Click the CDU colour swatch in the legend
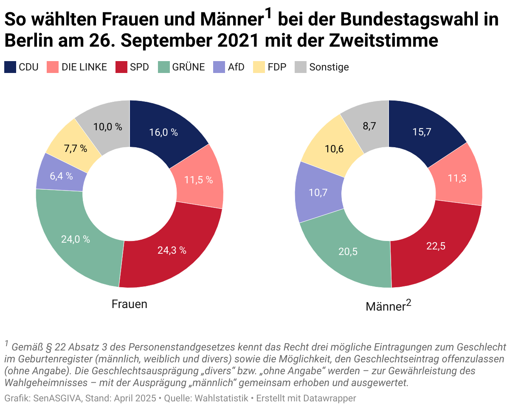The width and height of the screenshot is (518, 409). [10, 67]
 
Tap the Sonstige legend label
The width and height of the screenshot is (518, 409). [329, 67]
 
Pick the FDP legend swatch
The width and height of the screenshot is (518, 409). [259, 67]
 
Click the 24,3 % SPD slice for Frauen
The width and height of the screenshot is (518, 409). [172, 250]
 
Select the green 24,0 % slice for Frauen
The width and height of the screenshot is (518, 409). [76, 239]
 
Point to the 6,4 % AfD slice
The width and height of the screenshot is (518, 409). [61, 176]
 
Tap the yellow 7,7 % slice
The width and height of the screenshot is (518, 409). [75, 148]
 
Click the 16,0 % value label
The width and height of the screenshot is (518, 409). [163, 132]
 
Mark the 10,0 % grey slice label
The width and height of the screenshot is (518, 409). [107, 126]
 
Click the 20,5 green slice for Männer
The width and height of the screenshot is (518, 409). [348, 252]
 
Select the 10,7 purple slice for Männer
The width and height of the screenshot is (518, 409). [318, 193]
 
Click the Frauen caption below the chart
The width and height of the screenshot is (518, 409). [129, 304]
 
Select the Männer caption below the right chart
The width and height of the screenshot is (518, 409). [385, 306]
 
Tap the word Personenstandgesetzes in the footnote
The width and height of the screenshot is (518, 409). [172, 347]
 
